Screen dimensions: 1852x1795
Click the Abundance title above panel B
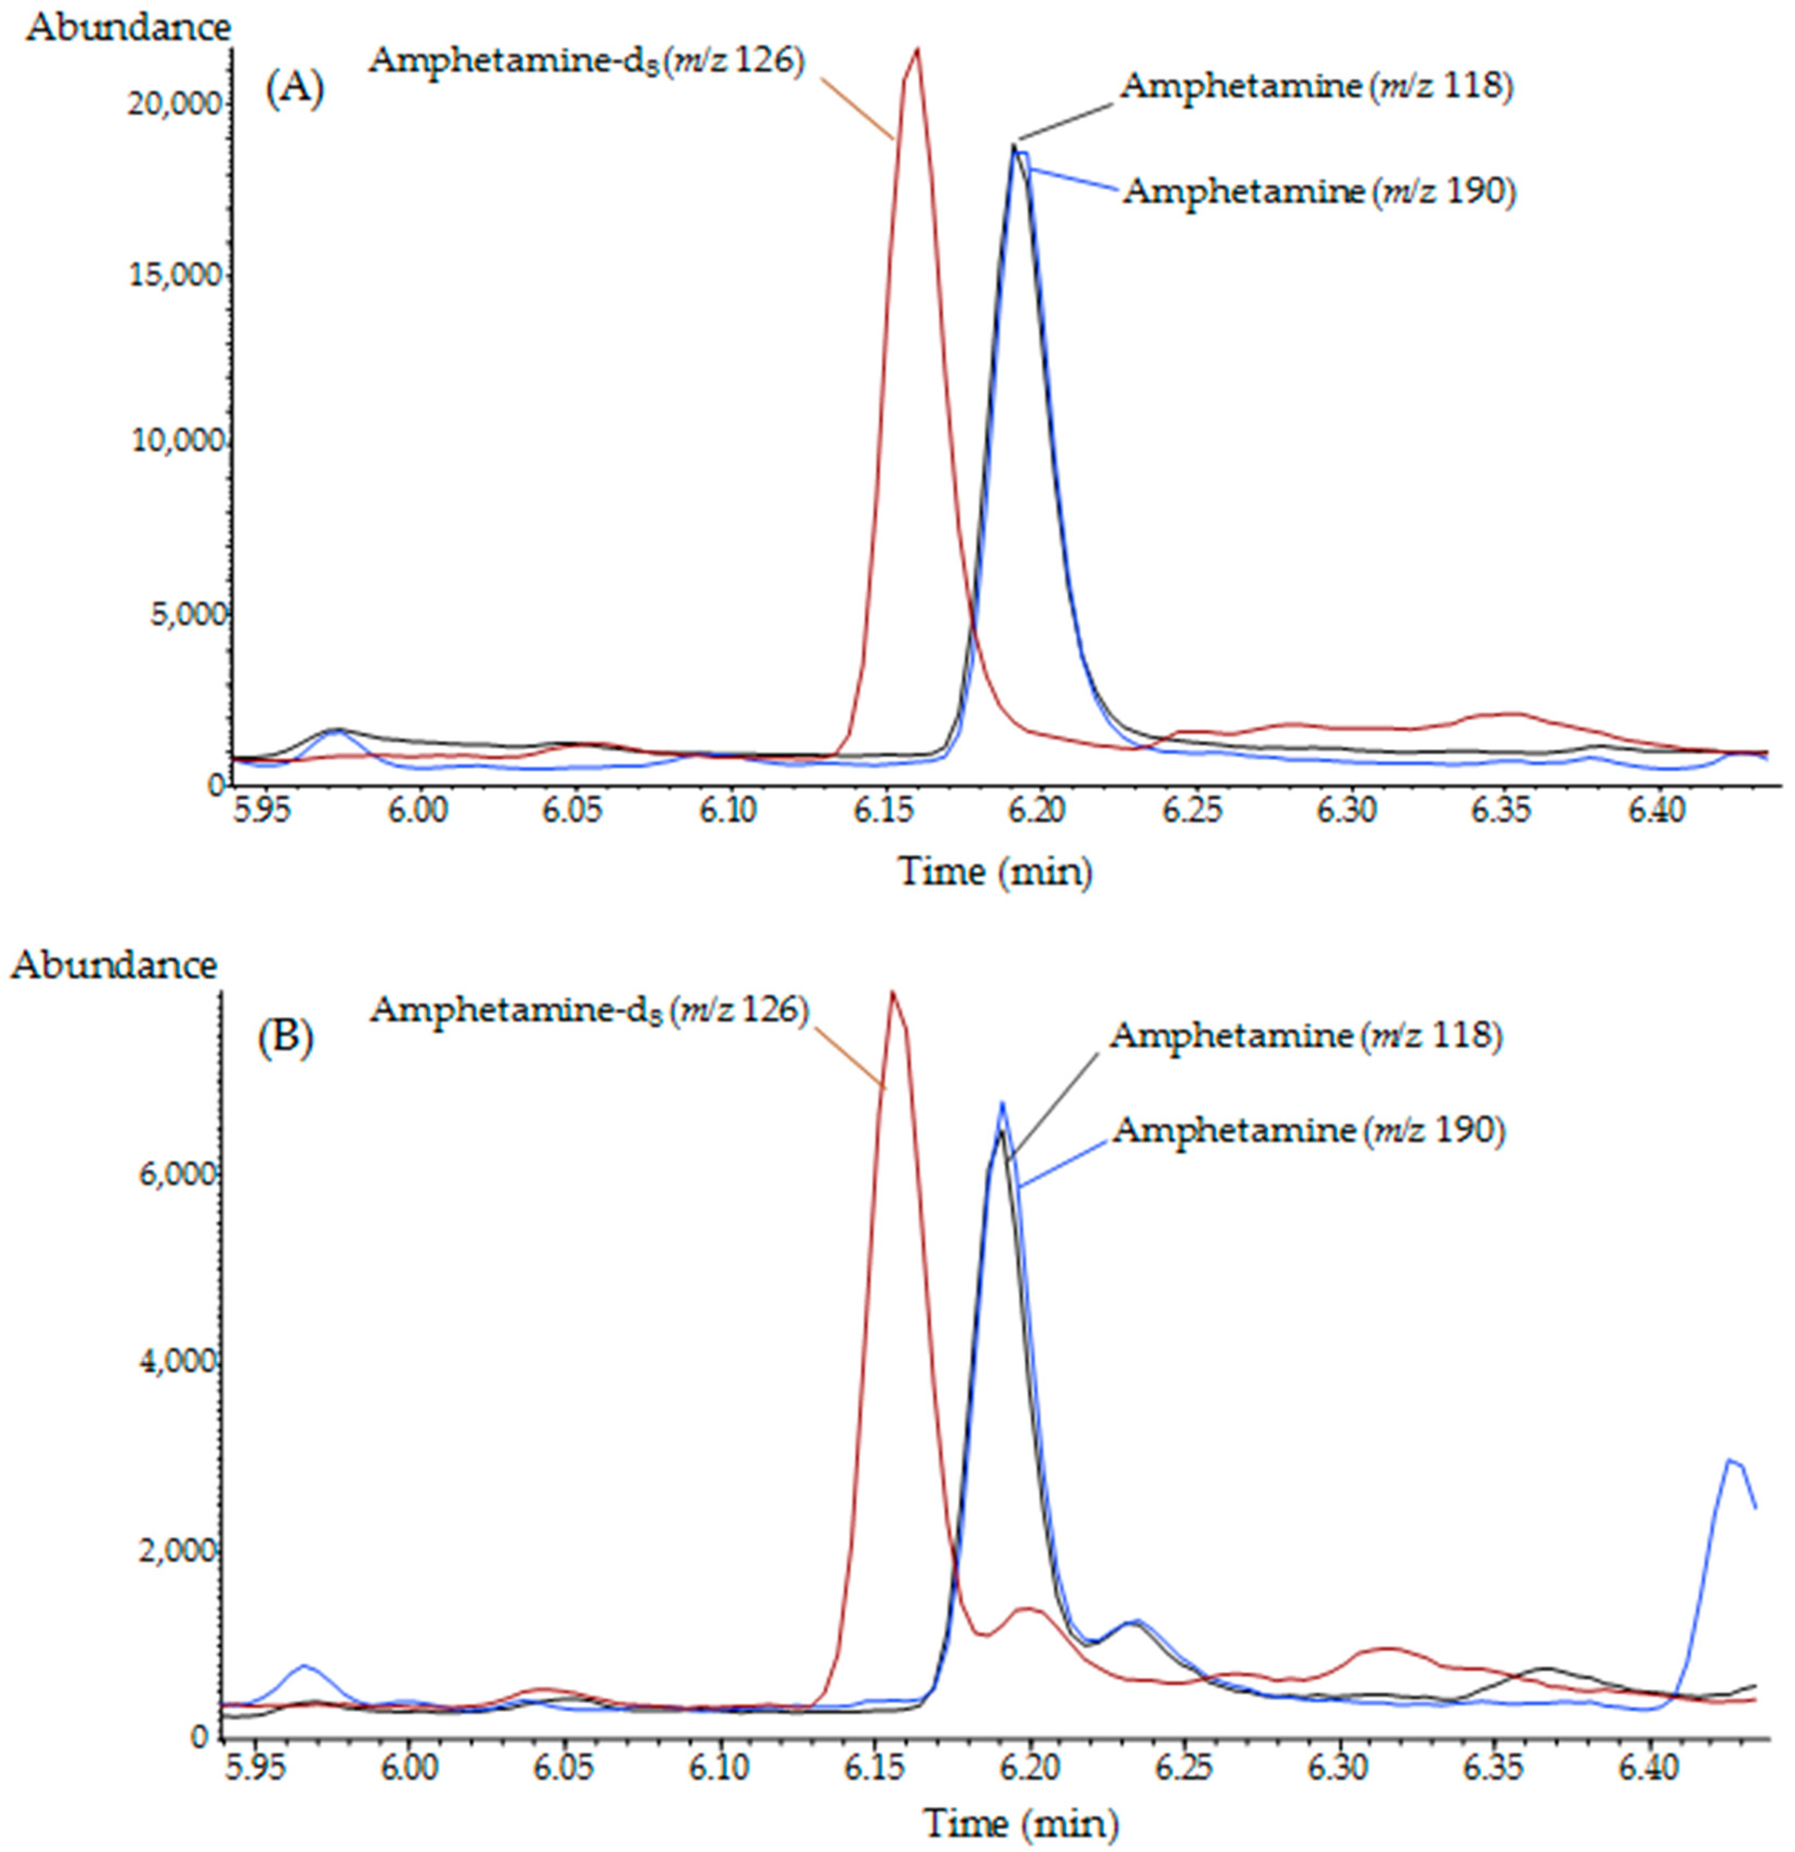click(113, 965)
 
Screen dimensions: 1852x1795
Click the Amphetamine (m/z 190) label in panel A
click(1319, 192)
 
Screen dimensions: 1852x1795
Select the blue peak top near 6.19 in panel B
click(1002, 1103)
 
